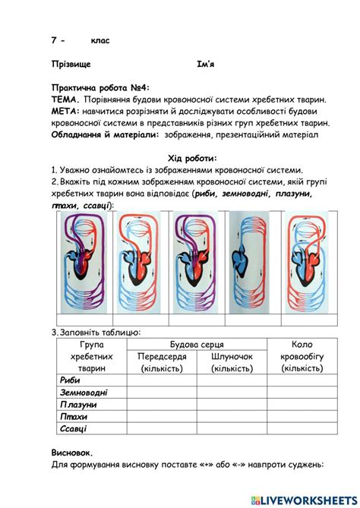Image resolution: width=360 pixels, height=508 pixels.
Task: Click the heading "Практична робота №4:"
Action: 101,88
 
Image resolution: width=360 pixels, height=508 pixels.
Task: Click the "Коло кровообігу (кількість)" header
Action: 302,356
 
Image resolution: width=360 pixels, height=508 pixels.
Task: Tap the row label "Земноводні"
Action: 83,393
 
